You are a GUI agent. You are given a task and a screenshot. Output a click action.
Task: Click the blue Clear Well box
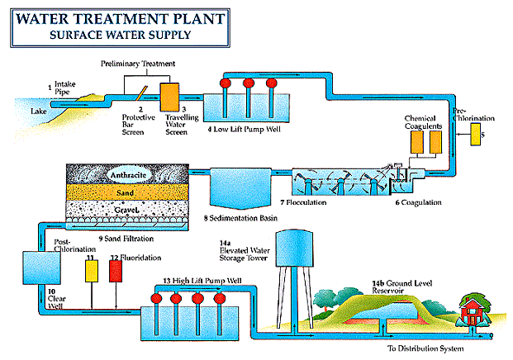point(38,269)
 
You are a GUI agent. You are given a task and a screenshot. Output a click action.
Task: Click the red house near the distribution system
point(475,310)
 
